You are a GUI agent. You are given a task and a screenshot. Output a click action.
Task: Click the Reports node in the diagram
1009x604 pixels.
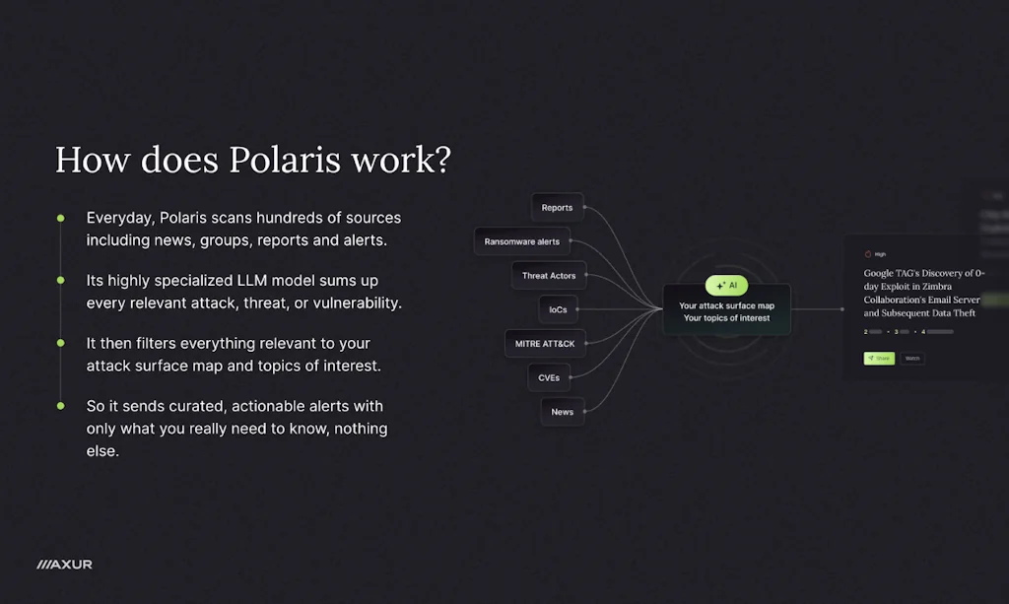557,208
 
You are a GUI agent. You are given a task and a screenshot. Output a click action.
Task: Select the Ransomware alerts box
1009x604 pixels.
521,241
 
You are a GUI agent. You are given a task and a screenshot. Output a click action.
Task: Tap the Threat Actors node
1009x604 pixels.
549,276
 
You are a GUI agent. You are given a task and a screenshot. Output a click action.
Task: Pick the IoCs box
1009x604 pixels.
558,310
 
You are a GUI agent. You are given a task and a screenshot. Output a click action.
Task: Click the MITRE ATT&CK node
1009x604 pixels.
544,344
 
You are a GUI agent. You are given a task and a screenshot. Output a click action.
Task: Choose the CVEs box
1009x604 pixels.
549,377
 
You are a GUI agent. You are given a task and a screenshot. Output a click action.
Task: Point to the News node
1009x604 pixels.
563,412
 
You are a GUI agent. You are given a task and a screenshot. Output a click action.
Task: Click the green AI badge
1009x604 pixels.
726,285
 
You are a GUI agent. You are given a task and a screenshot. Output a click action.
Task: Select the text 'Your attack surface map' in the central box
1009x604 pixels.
726,305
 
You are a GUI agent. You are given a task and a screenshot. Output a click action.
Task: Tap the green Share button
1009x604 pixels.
879,358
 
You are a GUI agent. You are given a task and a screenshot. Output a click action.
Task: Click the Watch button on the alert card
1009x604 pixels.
912,358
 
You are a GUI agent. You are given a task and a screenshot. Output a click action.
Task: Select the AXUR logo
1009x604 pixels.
64,565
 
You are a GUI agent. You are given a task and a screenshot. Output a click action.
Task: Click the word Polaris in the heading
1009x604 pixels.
284,160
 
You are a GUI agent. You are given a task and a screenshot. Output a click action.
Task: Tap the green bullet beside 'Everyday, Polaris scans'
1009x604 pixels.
61,218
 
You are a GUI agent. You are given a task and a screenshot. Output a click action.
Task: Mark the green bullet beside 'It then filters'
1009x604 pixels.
61,343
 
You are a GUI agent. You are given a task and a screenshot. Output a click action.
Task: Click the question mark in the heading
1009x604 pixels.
440,160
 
